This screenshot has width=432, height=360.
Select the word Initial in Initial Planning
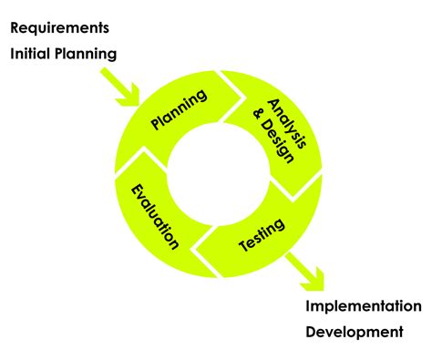coord(32,54)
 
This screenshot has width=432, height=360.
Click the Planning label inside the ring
coord(180,111)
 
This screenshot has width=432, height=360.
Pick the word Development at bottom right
coord(353,331)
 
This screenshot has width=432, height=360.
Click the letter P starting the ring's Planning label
coord(156,125)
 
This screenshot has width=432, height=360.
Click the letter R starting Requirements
coord(15,27)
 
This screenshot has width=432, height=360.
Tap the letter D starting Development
coord(311,331)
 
